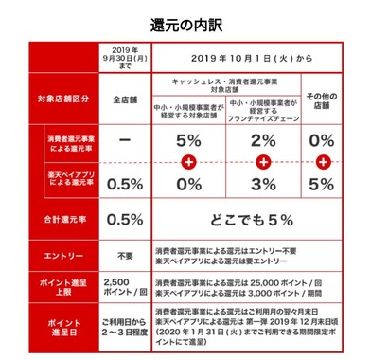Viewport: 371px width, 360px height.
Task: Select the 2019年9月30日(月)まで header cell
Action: [x=124, y=57]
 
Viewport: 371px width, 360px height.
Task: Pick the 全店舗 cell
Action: [x=124, y=98]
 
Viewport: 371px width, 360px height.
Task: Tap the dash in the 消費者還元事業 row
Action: [x=124, y=141]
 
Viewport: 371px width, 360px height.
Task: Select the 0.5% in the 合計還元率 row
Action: [x=124, y=219]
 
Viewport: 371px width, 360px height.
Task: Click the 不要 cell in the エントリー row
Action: [x=124, y=255]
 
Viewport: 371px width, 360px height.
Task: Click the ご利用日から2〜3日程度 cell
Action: [x=124, y=327]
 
